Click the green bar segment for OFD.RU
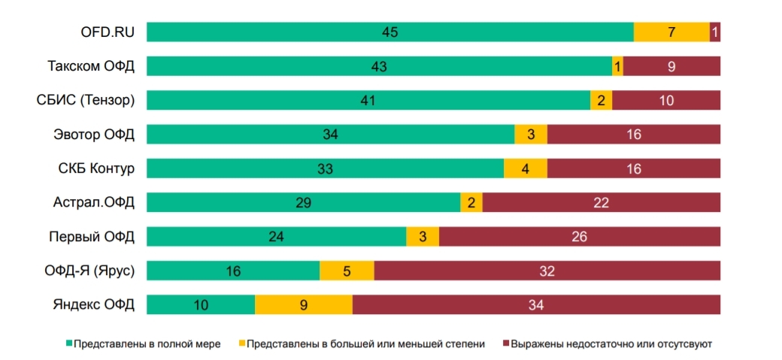pyautogui.click(x=389, y=32)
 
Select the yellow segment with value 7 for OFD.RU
pyautogui.click(x=671, y=32)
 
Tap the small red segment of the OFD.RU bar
pyautogui.click(x=715, y=32)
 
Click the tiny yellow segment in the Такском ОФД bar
pyautogui.click(x=617, y=66)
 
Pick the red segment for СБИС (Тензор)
pyautogui.click(x=666, y=100)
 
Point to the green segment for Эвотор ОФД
pyautogui.click(x=330, y=135)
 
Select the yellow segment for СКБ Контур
pyautogui.click(x=525, y=168)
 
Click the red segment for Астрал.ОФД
pyautogui.click(x=601, y=202)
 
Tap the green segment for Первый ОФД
pyautogui.click(x=276, y=236)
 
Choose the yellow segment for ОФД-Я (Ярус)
pyautogui.click(x=347, y=271)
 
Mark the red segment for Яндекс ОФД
pyautogui.click(x=536, y=304)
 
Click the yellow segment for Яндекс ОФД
pyautogui.click(x=303, y=304)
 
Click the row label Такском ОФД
pyautogui.click(x=91, y=66)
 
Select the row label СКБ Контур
pyautogui.click(x=96, y=168)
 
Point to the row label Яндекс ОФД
pyautogui.click(x=93, y=304)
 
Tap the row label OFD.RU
pyautogui.click(x=108, y=32)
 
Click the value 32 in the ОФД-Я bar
pyautogui.click(x=547, y=271)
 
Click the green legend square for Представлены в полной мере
pyautogui.click(x=69, y=344)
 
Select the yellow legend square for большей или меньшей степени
pyautogui.click(x=242, y=344)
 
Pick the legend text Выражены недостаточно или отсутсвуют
pyautogui.click(x=611, y=344)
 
